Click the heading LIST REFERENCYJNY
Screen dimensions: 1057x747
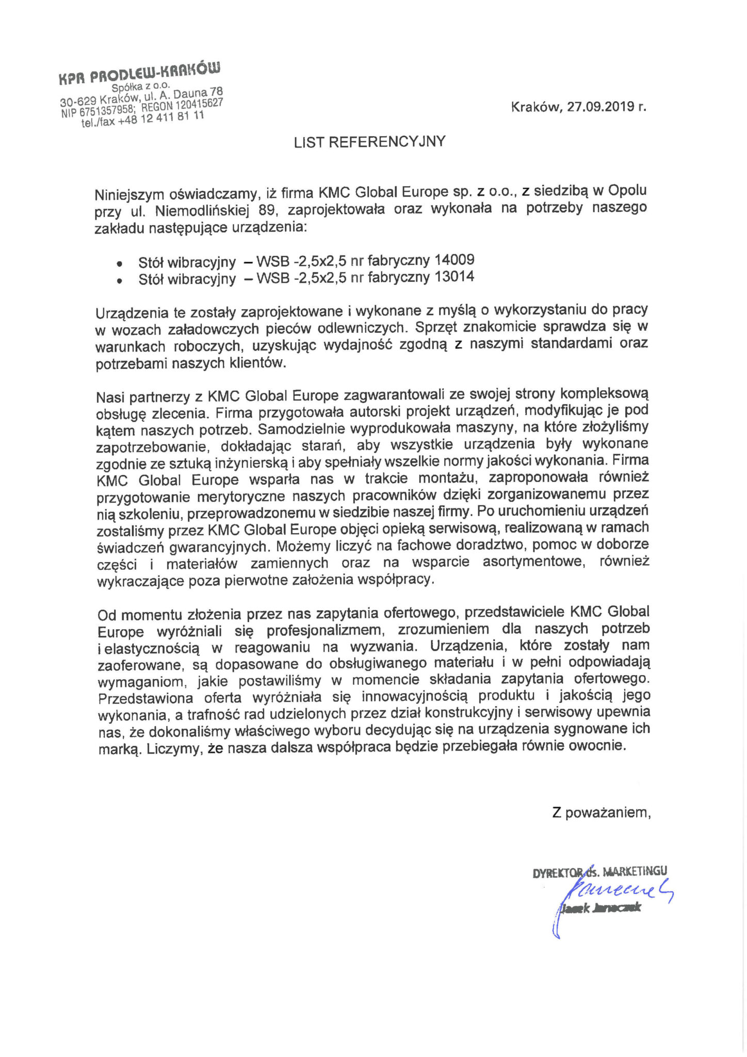point(369,142)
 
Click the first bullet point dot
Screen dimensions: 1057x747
point(120,263)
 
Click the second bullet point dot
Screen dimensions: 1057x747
point(120,281)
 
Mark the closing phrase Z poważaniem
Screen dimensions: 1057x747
point(601,813)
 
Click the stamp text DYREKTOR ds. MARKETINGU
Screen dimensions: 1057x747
point(599,872)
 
